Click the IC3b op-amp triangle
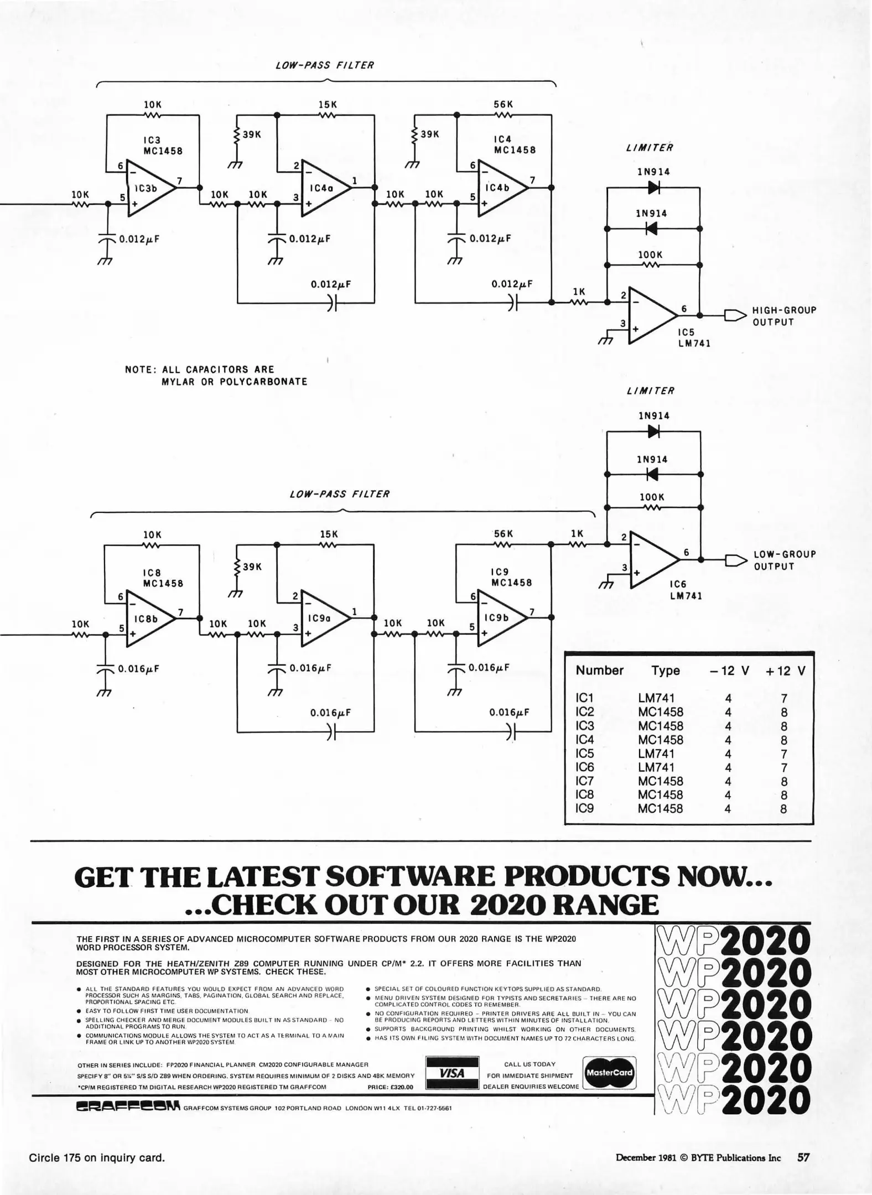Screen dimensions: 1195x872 [148, 188]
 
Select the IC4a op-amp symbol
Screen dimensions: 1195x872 [324, 188]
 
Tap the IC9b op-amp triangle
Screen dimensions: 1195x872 [499, 618]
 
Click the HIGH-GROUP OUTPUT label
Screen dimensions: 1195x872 [784, 316]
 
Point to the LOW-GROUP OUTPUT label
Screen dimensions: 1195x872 [785, 560]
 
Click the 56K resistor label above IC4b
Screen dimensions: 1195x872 [504, 105]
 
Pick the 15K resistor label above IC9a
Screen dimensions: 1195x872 [329, 534]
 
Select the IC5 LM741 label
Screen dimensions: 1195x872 [694, 338]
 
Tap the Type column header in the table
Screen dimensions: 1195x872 [666, 671]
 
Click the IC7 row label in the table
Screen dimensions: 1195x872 [585, 781]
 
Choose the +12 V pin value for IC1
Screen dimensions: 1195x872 [784, 699]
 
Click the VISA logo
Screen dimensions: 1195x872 [451, 1073]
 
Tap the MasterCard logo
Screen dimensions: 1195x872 [609, 1073]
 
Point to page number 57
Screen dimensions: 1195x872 [803, 1157]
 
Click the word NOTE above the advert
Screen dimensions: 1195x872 [138, 370]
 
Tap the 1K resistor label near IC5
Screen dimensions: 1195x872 [579, 292]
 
